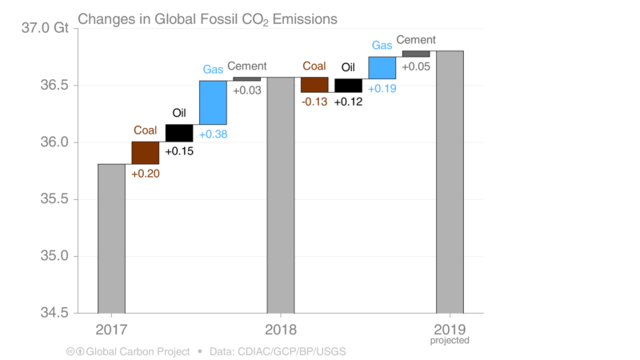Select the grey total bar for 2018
coord(280,195)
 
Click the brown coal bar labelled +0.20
coord(145,152)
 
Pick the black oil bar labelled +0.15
coord(179,133)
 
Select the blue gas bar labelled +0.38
coord(213,102)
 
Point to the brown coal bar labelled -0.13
coord(314,85)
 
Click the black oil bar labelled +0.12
coord(348,86)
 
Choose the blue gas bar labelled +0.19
coord(382,67)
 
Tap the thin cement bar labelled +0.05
coord(416,54)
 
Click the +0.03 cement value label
coord(246,90)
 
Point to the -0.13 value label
coord(314,102)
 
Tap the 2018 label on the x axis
coord(281,330)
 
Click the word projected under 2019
coord(450,341)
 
